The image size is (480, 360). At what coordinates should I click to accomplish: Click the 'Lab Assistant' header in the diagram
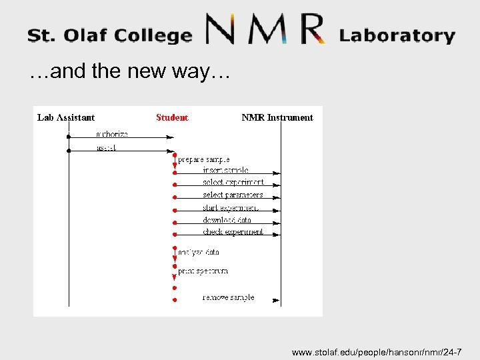(66, 118)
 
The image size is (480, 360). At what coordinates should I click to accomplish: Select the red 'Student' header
(172, 118)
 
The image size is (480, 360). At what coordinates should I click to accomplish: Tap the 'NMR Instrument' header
(277, 118)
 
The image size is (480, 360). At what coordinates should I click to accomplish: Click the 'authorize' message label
(112, 135)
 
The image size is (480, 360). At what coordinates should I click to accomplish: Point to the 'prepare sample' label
(204, 160)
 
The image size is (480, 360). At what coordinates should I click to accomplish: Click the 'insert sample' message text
(225, 171)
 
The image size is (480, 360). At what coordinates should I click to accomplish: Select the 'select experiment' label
(233, 183)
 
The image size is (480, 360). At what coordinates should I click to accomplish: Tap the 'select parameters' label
(233, 195)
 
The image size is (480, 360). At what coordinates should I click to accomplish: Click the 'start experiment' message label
(231, 208)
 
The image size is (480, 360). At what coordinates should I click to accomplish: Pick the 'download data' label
(227, 220)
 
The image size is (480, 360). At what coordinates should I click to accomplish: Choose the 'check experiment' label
(233, 232)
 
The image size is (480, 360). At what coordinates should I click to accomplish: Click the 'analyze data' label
(199, 253)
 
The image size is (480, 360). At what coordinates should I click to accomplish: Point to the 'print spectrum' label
(203, 271)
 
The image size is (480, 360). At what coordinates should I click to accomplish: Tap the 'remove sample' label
(228, 297)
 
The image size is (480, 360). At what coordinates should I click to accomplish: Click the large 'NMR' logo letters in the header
(265, 30)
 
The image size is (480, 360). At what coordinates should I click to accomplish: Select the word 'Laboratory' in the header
(397, 35)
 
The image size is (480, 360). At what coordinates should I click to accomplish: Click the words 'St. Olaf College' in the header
(109, 35)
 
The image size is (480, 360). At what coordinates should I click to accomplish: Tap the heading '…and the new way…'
(129, 72)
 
